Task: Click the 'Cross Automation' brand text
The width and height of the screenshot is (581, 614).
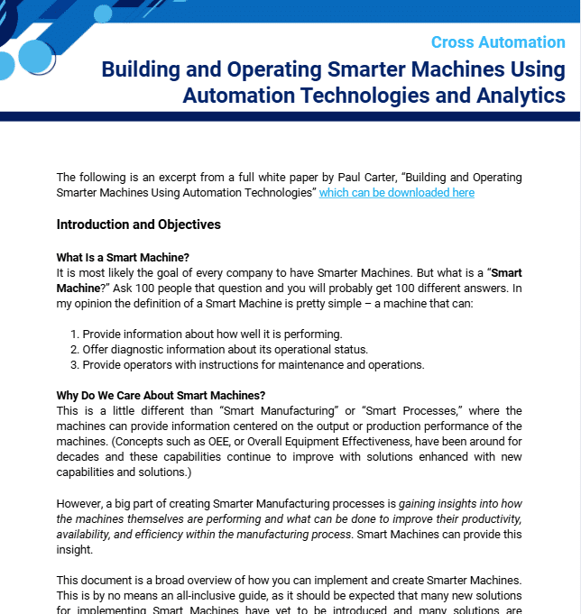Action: pyautogui.click(x=498, y=42)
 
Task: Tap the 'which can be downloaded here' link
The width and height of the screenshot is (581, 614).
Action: pyautogui.click(x=396, y=193)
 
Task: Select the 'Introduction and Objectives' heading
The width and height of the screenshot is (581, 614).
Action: pyautogui.click(x=138, y=225)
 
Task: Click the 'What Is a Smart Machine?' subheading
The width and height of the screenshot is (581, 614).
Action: pyautogui.click(x=123, y=258)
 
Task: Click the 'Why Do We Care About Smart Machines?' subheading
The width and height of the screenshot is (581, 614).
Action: pyautogui.click(x=161, y=396)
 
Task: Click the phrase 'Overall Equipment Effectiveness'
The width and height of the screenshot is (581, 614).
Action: pyautogui.click(x=427, y=442)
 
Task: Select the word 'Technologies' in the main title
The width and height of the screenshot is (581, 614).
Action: pyautogui.click(x=342, y=95)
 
